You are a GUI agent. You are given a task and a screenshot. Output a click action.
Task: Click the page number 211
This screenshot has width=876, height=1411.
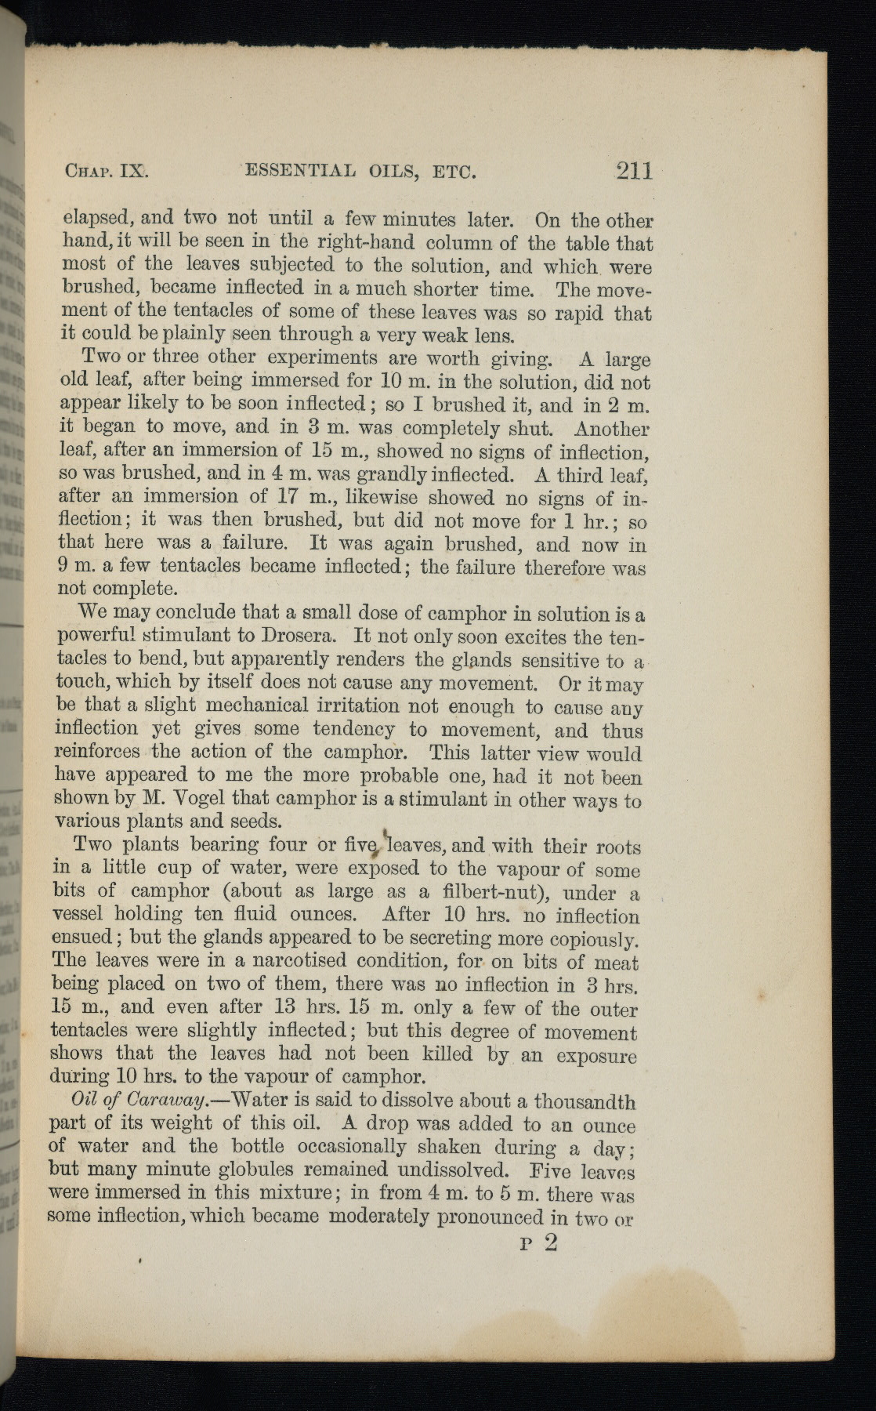634,171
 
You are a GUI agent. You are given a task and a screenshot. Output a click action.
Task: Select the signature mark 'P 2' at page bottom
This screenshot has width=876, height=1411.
538,1245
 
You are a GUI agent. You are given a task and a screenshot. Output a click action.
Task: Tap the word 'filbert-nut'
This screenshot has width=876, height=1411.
488,894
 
